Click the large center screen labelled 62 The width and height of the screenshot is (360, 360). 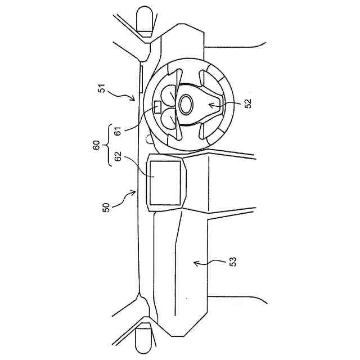click(x=166, y=183)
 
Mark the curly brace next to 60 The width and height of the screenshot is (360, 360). click(x=106, y=147)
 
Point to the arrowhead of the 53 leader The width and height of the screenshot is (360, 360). click(x=194, y=261)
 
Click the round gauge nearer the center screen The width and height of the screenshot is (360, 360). click(x=170, y=118)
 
